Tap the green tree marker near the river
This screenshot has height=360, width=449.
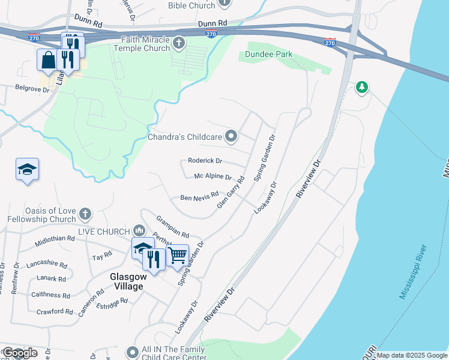pos(361,88)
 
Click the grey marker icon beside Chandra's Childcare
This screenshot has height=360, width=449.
pos(231,137)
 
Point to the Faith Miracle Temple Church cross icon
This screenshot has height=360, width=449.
pos(178,43)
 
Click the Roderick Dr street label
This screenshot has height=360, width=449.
pos(205,161)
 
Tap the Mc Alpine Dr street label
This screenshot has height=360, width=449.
pos(212,177)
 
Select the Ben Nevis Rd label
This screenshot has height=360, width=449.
pos(199,198)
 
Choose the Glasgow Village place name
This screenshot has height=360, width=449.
pos(127,281)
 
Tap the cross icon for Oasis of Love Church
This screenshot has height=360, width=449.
pos(85,214)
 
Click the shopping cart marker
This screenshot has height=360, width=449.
pos(177,254)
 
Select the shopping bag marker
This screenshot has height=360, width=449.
pos(47,60)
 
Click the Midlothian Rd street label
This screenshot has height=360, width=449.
pos(55,238)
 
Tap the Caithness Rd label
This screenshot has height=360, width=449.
pos(54,295)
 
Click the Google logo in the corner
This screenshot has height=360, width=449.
pos(20,353)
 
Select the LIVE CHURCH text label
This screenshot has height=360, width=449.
pos(103,232)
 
